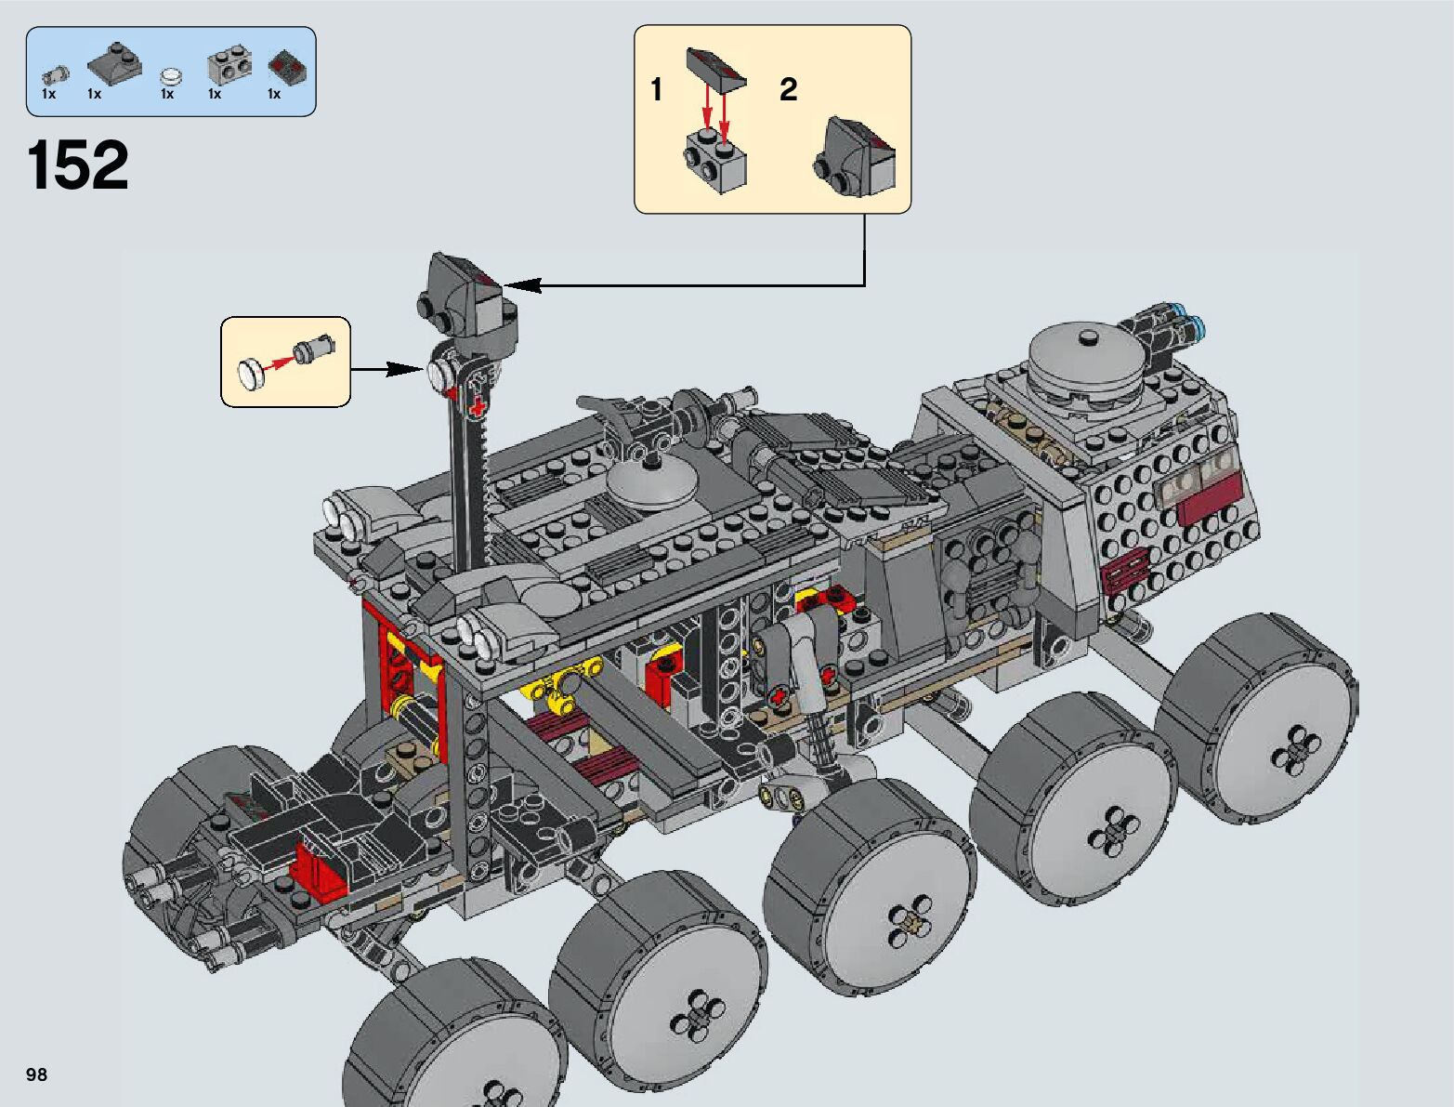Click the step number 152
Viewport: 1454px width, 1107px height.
pos(77,165)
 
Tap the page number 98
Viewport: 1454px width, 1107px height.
pos(36,1074)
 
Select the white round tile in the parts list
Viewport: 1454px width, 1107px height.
pos(172,75)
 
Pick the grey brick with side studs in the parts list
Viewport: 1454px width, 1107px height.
pos(229,64)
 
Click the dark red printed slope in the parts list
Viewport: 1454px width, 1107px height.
pos(287,66)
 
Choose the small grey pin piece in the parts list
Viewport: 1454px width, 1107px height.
pos(55,75)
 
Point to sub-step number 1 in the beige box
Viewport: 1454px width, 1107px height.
pos(657,89)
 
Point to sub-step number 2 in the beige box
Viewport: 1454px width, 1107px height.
pos(788,89)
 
